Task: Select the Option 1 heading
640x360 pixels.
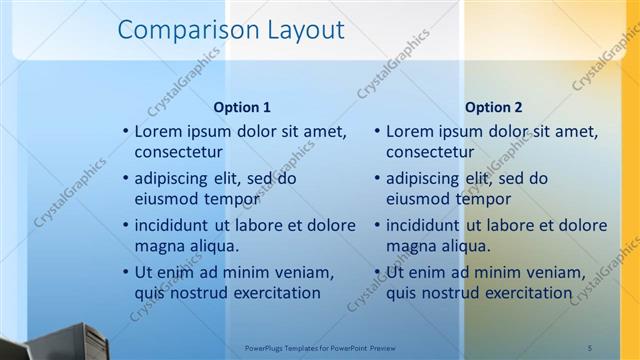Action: [x=242, y=107]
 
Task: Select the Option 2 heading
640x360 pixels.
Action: [x=493, y=107]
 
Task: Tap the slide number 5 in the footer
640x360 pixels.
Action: [x=589, y=347]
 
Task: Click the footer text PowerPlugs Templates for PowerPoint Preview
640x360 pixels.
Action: [x=320, y=347]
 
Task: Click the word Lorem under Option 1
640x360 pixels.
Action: [x=158, y=131]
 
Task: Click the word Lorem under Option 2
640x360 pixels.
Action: [x=409, y=131]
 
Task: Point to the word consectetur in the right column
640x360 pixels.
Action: [x=430, y=153]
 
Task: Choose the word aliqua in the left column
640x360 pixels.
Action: [x=211, y=246]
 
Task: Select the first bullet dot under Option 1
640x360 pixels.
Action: [x=125, y=132]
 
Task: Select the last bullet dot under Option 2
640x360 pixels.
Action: [x=377, y=273]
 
